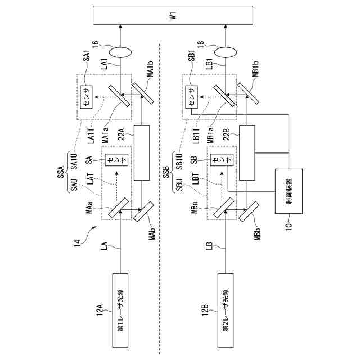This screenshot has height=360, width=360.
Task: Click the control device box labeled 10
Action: coord(288,191)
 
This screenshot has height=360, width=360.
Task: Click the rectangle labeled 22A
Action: coord(142,152)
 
